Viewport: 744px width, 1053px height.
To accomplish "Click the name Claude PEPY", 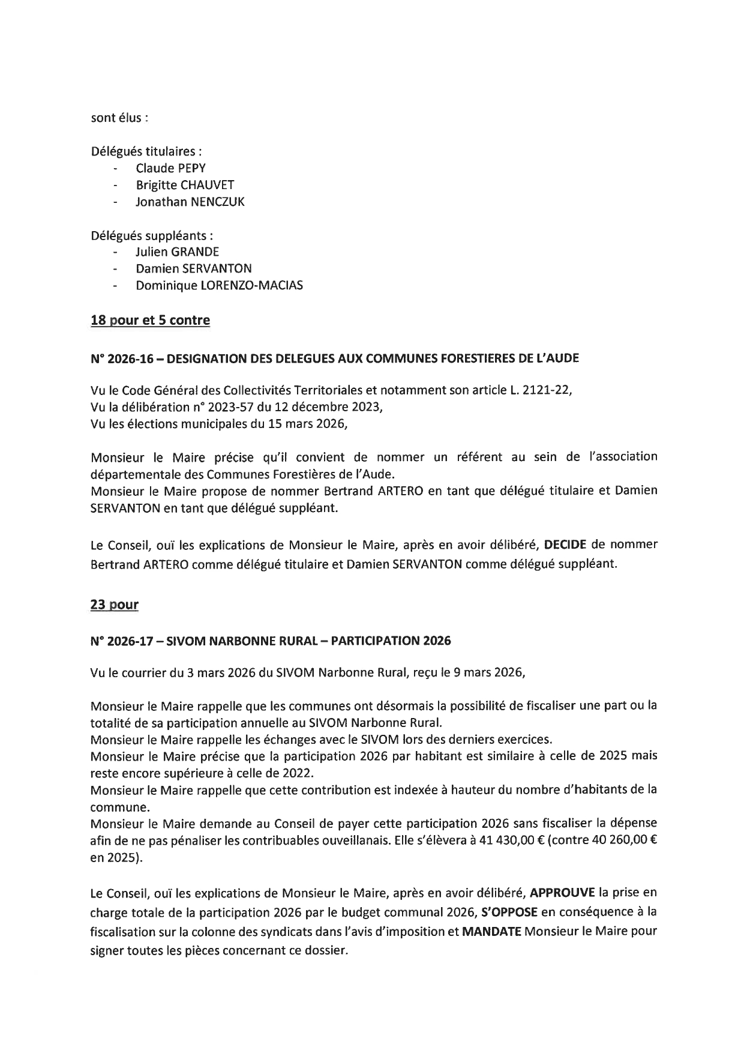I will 170,168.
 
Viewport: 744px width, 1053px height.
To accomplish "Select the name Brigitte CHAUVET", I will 185,185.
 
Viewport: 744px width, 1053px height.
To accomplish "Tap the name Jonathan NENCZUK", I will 190,202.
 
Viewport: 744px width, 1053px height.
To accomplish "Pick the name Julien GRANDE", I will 177,252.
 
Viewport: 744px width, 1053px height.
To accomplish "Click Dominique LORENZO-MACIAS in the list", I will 219,285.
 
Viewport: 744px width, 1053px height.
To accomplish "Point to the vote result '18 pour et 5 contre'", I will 150,320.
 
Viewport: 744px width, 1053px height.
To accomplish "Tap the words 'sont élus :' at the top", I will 119,118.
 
